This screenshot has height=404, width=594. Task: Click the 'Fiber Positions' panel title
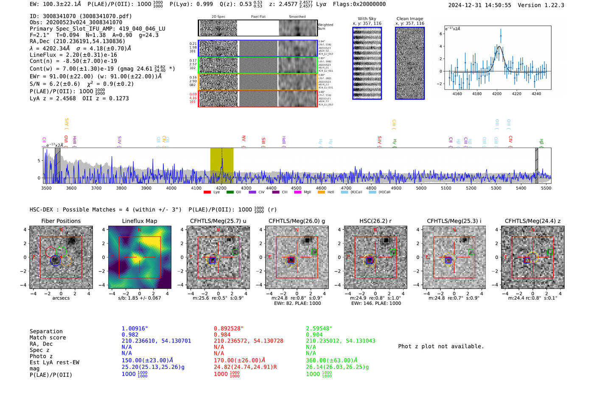click(x=61, y=221)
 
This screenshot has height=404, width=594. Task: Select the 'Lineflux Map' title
click(x=139, y=221)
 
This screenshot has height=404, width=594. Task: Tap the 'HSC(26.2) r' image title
click(x=375, y=221)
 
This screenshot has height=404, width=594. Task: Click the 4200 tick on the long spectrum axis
click(x=221, y=188)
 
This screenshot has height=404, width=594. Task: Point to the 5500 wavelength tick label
click(x=546, y=188)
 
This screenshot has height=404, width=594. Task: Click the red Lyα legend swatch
click(x=207, y=192)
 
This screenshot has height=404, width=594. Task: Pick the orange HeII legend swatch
click(x=321, y=192)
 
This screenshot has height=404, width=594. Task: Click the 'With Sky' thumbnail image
click(x=367, y=63)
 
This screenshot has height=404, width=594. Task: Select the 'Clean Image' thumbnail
click(x=409, y=63)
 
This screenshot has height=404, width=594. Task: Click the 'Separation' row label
click(x=46, y=332)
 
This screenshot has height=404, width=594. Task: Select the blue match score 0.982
click(x=130, y=335)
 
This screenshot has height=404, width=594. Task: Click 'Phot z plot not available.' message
click(x=441, y=346)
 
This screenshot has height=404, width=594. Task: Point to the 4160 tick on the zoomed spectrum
click(x=457, y=94)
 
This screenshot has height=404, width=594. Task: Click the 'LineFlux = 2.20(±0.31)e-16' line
click(x=73, y=55)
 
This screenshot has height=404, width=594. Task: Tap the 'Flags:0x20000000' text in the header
click(x=359, y=4)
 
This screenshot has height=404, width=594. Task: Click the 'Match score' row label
click(x=48, y=338)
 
